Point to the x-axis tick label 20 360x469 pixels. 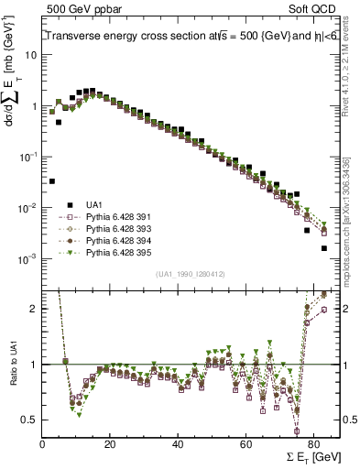pyautogui.click(x=110, y=444)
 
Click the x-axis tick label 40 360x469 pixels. pyautogui.click(x=178, y=444)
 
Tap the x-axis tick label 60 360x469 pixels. pyautogui.click(x=245, y=444)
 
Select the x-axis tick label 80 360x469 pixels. pyautogui.click(x=312, y=444)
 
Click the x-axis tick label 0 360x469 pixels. pyautogui.click(x=43, y=444)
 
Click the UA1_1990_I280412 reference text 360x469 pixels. pyautogui.click(x=190, y=274)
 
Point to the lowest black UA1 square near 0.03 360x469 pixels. pyautogui.click(x=52, y=181)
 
